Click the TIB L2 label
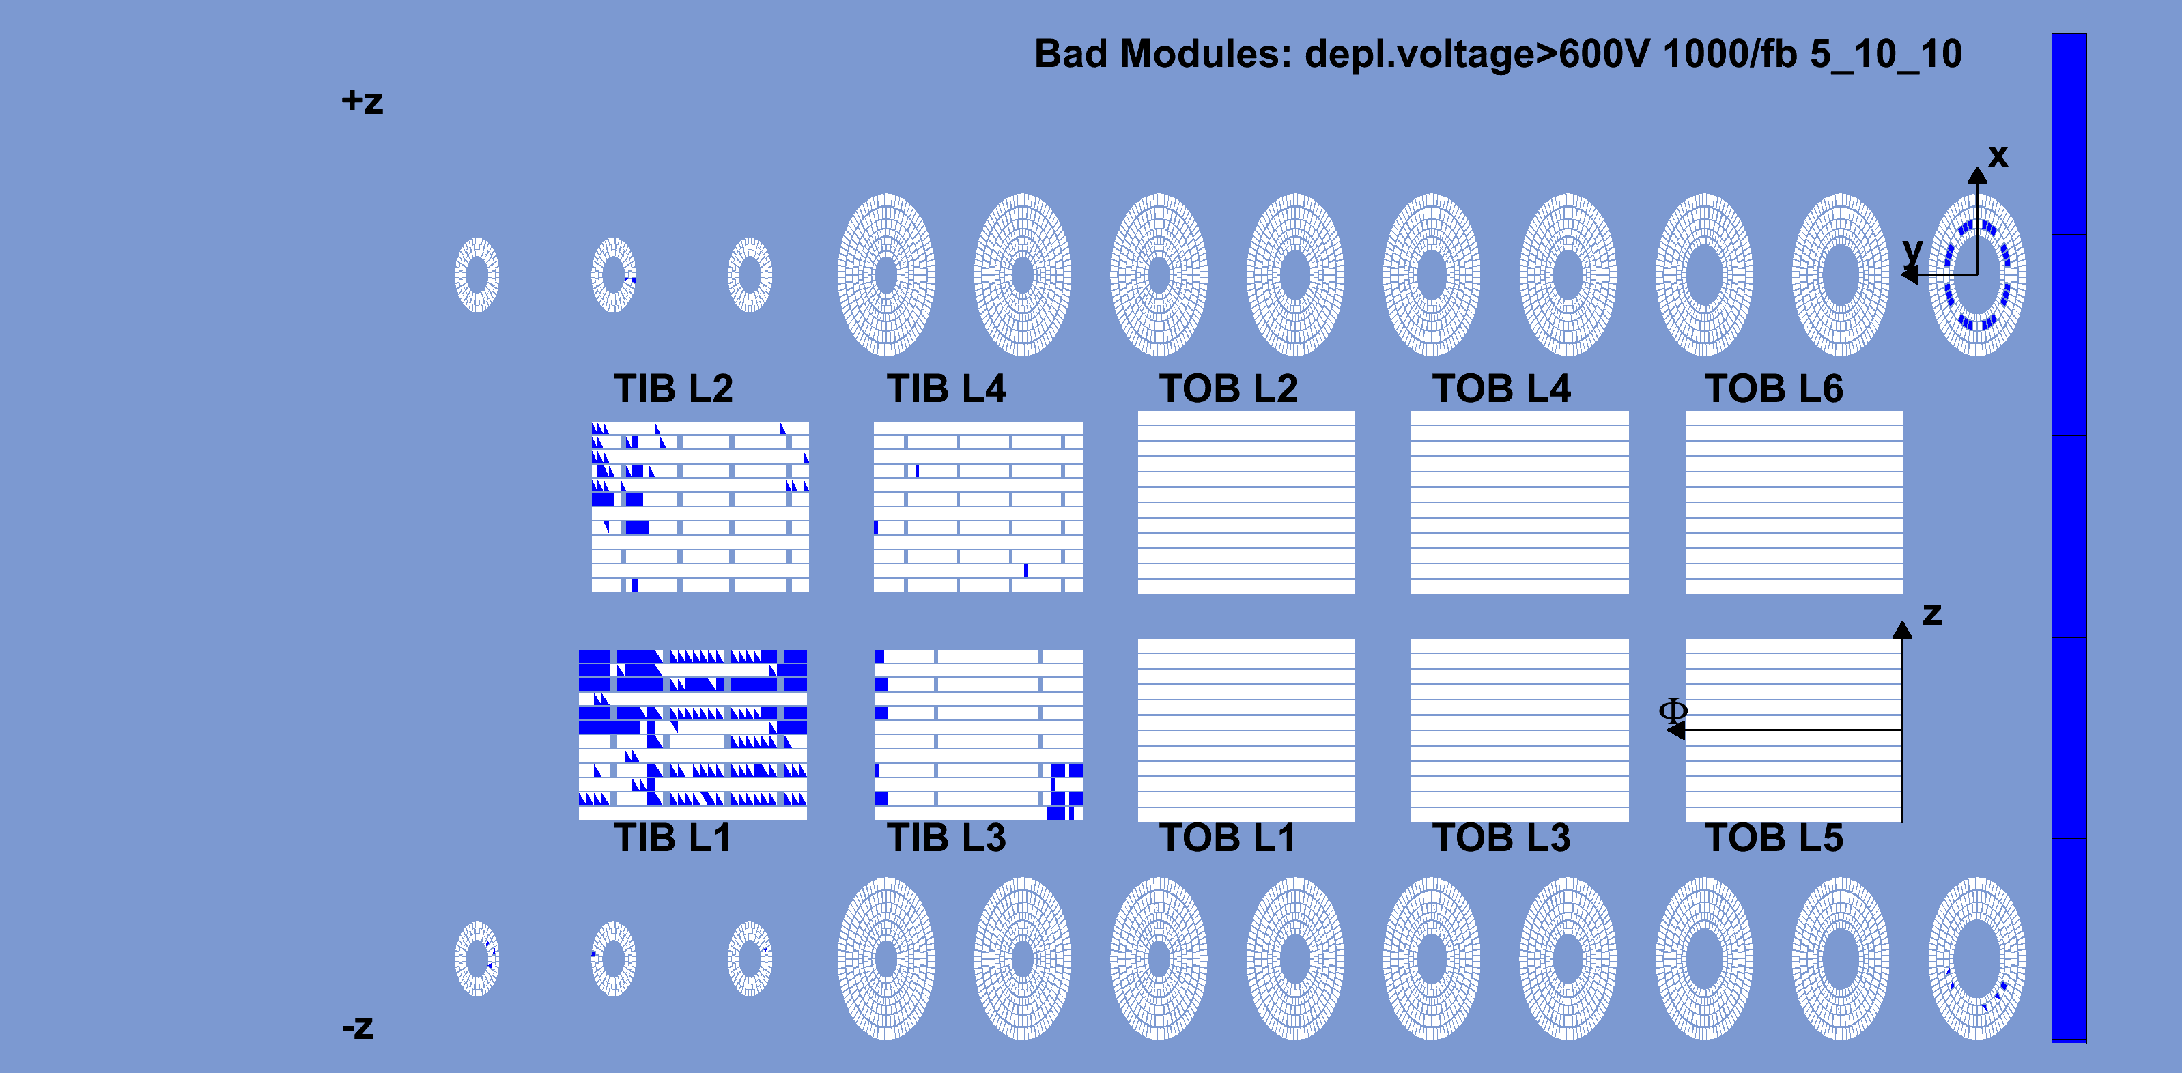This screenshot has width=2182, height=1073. [673, 388]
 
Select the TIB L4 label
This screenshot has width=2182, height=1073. [946, 388]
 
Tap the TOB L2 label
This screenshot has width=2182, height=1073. [1228, 388]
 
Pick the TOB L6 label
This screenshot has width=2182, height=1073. [1774, 388]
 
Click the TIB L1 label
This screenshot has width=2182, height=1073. [672, 838]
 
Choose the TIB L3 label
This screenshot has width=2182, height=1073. [946, 838]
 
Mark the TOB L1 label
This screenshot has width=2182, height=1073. [1228, 838]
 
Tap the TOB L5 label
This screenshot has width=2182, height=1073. [1774, 838]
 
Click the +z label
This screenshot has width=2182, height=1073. [363, 102]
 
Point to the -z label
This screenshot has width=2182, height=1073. [358, 1027]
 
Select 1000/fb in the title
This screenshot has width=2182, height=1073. [1729, 54]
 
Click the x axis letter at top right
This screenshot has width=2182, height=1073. [1998, 156]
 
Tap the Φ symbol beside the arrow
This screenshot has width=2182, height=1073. [1673, 710]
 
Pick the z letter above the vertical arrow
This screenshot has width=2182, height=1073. [1932, 614]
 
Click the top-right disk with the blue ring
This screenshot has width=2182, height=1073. [1977, 274]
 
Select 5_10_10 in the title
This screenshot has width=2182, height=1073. [1886, 54]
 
